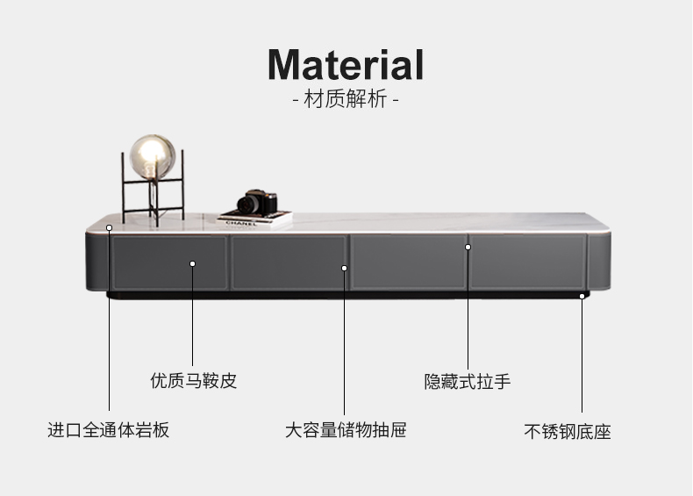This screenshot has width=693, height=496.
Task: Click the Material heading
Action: (346, 65)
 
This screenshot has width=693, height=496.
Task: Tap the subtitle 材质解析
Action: (346, 99)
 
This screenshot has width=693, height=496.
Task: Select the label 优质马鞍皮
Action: (193, 381)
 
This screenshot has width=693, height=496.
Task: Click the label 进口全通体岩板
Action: (108, 430)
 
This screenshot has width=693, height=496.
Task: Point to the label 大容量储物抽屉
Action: (346, 430)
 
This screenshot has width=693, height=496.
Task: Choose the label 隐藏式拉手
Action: (468, 381)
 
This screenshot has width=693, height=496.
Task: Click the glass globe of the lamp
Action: (153, 156)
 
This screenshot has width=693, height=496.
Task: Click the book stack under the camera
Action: (254, 218)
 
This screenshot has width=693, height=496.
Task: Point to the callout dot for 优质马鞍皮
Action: (193, 262)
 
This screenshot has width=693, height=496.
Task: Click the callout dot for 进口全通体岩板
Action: (110, 227)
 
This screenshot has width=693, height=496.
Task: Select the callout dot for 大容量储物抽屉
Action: (345, 267)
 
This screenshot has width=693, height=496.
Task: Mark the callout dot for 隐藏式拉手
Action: (468, 247)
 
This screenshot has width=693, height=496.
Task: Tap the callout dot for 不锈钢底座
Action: (581, 297)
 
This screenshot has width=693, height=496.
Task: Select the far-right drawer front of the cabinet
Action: (526, 262)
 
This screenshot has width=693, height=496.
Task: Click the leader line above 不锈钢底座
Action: (581, 360)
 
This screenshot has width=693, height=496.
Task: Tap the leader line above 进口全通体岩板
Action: (110, 325)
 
